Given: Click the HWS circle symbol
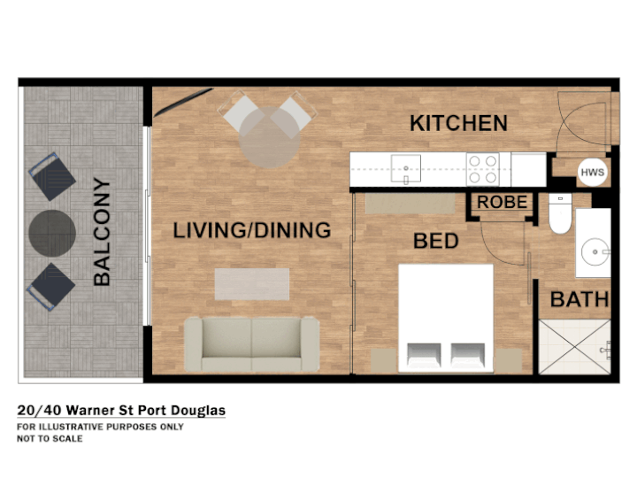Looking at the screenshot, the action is [592, 172].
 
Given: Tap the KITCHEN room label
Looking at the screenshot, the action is [458, 123].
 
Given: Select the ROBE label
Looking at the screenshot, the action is [503, 202].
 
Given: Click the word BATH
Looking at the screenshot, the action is [579, 299].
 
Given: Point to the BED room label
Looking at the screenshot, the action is [436, 241].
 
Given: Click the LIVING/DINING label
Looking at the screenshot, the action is [252, 230].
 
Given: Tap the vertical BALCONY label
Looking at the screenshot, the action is [102, 232].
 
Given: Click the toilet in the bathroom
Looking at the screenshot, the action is [560, 213].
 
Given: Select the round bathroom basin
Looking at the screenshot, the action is [595, 252].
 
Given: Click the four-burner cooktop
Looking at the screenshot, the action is [483, 169].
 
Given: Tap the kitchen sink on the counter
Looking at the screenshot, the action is [405, 169].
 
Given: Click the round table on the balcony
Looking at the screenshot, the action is [52, 234].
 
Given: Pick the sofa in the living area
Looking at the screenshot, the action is [252, 344].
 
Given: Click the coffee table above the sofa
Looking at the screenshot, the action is [252, 284].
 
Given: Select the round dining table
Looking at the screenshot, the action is [269, 137].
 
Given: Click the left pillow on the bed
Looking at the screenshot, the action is [424, 355].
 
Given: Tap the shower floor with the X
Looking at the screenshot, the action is [574, 347].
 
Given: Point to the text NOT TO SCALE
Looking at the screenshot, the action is [50, 438].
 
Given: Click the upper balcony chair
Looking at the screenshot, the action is [52, 176].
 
